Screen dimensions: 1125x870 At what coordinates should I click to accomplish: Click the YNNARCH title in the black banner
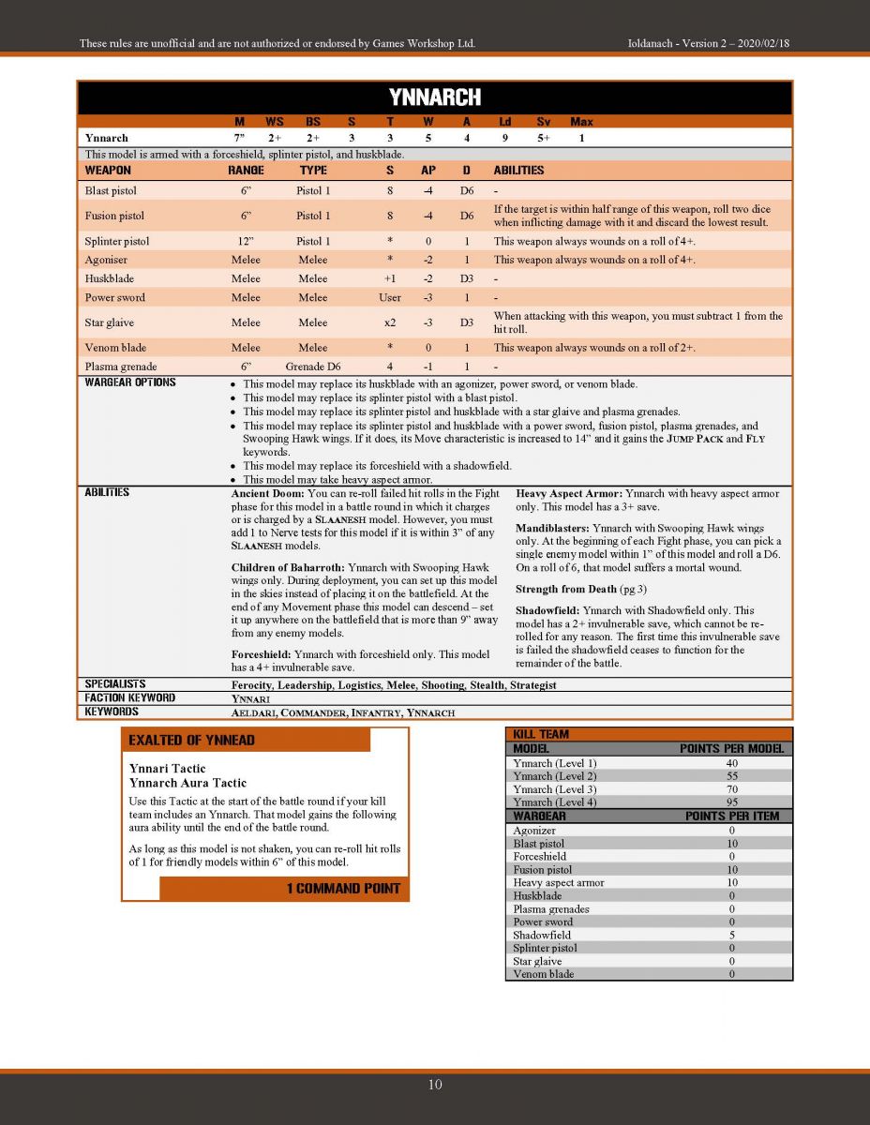point(434,97)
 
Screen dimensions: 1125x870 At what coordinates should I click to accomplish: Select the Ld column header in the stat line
point(504,122)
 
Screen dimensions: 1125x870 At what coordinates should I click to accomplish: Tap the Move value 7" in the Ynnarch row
point(239,138)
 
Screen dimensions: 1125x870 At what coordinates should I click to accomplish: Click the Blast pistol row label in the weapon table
point(111,191)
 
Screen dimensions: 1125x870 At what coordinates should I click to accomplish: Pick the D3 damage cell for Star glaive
point(466,322)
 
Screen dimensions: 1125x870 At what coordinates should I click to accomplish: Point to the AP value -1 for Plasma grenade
point(427,367)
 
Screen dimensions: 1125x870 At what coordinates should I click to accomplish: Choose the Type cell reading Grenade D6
point(313,367)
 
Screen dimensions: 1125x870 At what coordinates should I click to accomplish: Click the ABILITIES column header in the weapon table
point(518,171)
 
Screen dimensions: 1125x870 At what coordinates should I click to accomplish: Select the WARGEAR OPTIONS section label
point(130,382)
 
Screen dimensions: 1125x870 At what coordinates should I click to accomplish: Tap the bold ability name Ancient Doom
point(267,493)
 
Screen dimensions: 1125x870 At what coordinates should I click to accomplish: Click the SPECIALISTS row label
point(115,684)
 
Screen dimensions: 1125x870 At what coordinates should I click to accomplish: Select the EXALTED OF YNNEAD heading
point(191,741)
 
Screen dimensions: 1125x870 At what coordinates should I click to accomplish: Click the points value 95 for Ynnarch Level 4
point(731,802)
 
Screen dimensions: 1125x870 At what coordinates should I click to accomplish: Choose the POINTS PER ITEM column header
point(731,816)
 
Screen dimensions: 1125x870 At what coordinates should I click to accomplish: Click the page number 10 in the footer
point(435,1085)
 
